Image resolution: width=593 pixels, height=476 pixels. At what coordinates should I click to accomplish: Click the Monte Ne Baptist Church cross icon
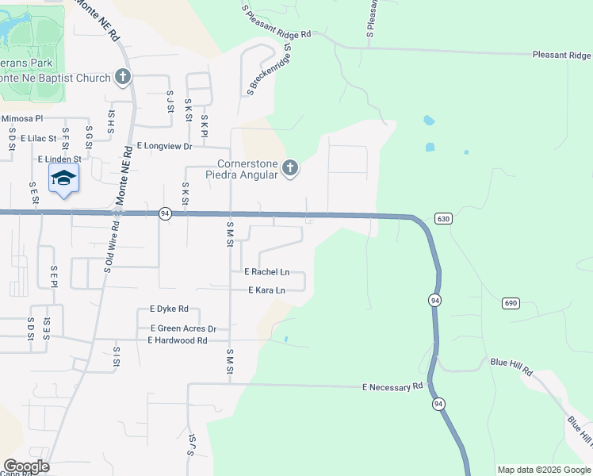click(x=122, y=77)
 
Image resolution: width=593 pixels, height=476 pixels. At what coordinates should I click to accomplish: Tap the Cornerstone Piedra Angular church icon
click(x=290, y=168)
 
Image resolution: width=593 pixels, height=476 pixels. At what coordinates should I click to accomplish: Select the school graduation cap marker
click(x=63, y=178)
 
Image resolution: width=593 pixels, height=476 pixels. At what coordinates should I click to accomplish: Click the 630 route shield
click(x=443, y=218)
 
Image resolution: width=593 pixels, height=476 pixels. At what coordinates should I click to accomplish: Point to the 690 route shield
click(x=511, y=303)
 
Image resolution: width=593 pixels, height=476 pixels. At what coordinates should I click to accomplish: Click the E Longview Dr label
click(x=165, y=146)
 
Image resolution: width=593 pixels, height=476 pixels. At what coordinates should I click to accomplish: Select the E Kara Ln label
click(x=266, y=290)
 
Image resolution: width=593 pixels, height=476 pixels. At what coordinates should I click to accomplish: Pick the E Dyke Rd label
click(x=169, y=309)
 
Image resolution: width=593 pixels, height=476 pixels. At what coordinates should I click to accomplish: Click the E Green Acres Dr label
click(x=183, y=328)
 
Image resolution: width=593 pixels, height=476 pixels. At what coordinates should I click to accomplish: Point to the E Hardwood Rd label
click(x=177, y=340)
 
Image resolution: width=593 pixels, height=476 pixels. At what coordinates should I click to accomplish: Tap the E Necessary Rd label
click(x=392, y=387)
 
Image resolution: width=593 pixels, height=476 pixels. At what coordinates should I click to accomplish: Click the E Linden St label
click(x=59, y=159)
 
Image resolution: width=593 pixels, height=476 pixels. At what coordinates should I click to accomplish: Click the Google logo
click(x=26, y=466)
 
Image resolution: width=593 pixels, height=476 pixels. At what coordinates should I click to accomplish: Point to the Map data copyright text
click(x=543, y=470)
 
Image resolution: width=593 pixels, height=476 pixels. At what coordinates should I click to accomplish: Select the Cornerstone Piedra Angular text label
click(x=242, y=170)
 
